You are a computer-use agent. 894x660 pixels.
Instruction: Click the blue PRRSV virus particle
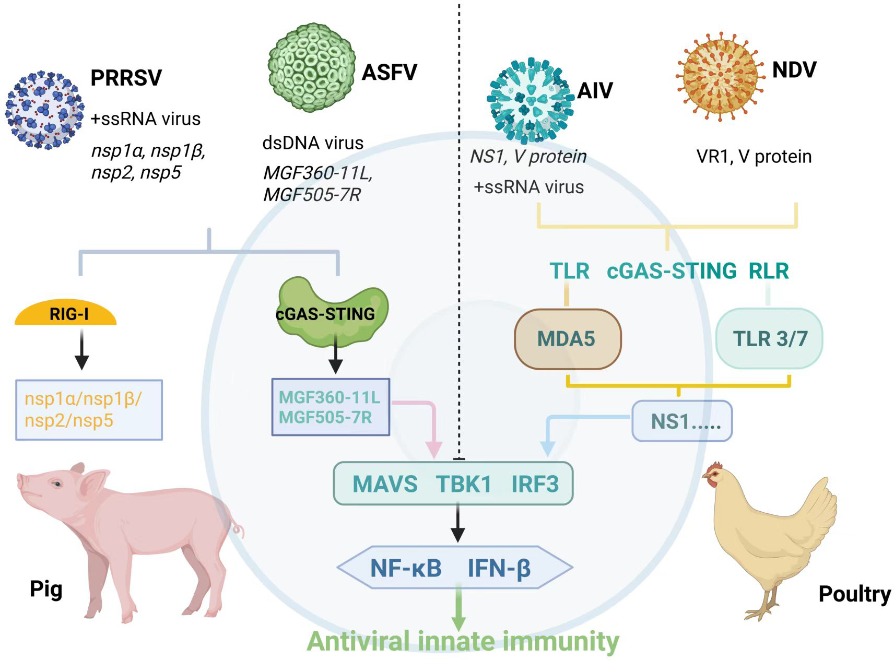44,110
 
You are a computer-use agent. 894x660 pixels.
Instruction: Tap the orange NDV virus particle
720,77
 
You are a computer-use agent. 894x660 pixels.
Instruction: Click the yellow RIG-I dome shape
66,314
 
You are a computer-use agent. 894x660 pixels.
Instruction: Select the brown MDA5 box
568,339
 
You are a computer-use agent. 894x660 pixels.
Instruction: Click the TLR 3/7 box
769,339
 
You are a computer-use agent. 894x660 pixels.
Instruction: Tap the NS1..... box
682,421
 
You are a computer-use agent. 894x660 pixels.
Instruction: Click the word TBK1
464,484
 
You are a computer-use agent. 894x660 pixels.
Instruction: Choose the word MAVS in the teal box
385,484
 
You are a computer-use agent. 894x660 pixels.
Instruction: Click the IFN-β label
499,568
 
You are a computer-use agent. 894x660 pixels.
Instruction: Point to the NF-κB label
406,568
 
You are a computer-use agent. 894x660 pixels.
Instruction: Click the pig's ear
96,484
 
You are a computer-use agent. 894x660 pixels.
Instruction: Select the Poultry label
854,594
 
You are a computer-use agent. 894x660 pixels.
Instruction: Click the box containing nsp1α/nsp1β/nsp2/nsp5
89,410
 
